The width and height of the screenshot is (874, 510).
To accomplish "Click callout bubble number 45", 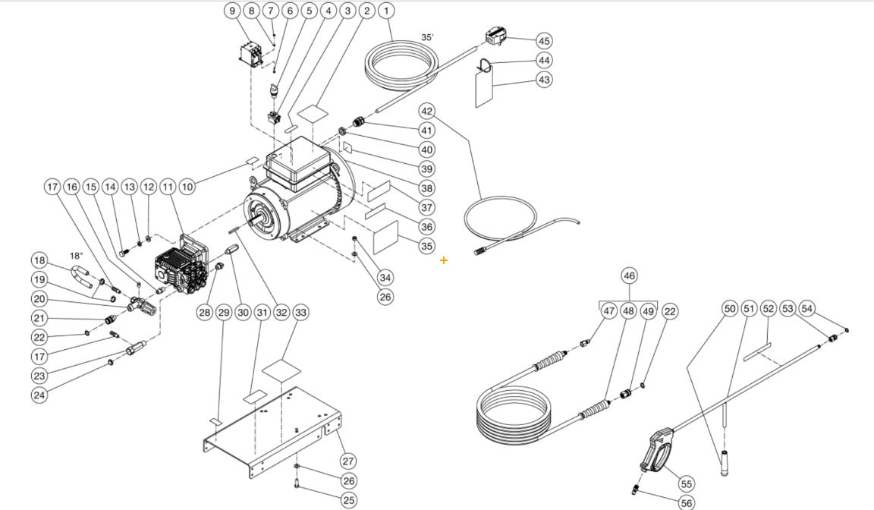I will coord(544,40).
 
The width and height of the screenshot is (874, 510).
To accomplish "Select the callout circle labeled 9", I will coord(232,11).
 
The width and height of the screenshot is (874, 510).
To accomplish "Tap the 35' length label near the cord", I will coord(428,37).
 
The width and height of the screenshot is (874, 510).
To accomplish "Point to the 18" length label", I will coord(77,256).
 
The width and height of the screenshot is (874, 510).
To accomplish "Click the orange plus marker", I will coord(444,260).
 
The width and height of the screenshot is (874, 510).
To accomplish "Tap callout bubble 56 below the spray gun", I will coord(686,502).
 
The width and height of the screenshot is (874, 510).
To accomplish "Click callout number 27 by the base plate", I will coord(347,461).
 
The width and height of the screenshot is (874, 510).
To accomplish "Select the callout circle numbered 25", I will coord(348,500).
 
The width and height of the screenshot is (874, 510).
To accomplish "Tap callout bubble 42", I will coord(427,110).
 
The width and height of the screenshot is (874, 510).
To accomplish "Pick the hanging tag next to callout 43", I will coord(483,90).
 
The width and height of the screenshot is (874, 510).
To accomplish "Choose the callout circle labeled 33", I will coord(300,312).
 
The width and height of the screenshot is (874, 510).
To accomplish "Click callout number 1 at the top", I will coord(387,11).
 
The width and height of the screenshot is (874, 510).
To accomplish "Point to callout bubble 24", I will coord(39,394).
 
